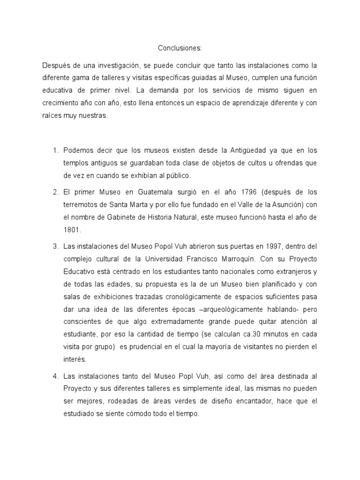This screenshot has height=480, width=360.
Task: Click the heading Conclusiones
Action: pos(180,48)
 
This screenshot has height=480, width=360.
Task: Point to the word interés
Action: pos(73,360)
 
